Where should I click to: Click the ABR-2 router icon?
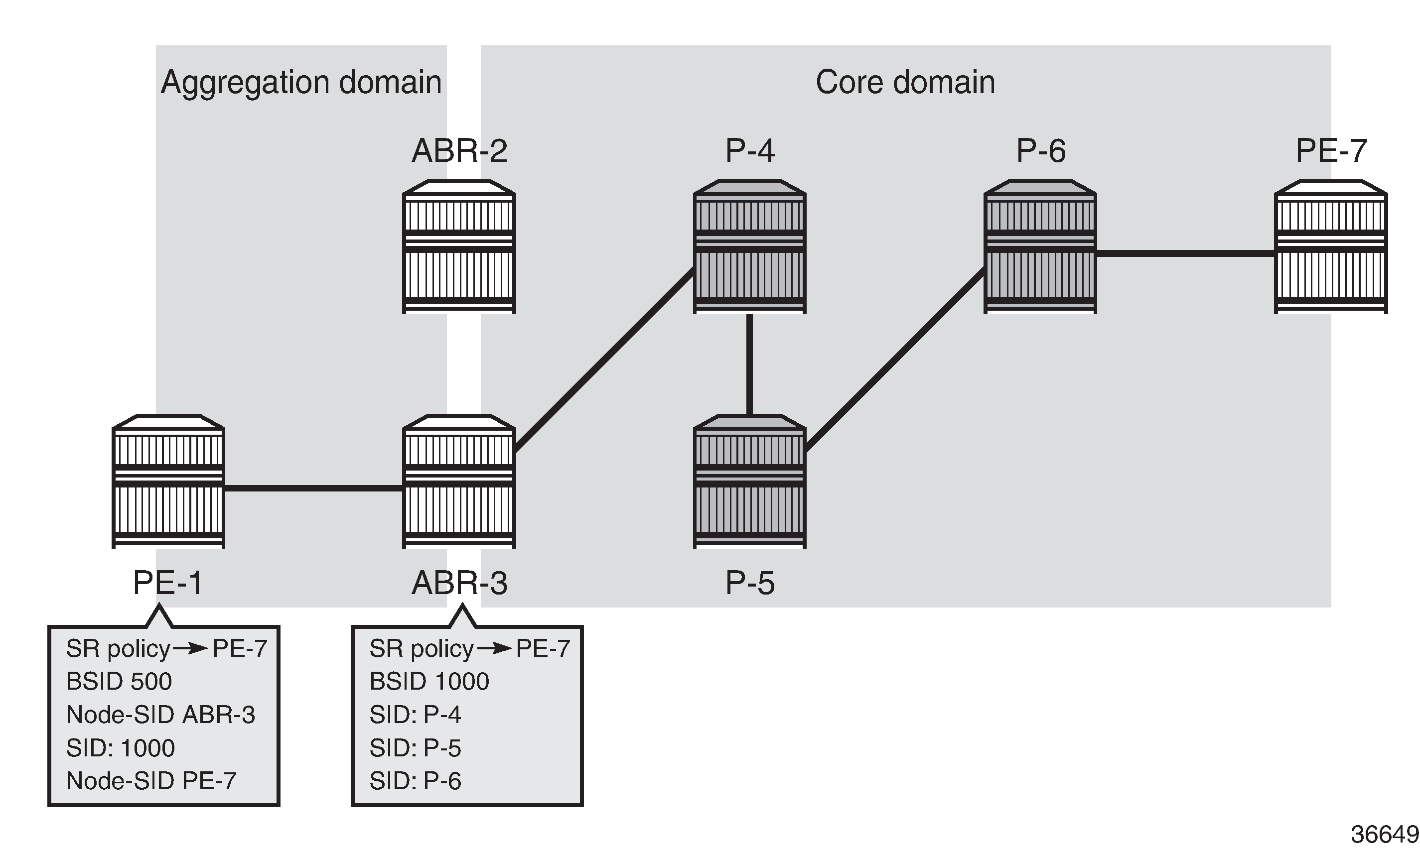[459, 247]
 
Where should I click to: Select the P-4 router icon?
[749, 247]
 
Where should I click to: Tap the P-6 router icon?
[1040, 247]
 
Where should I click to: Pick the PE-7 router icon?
[1331, 247]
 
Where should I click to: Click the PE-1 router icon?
[168, 481]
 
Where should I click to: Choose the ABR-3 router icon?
[459, 481]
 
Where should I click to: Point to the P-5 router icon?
[749, 481]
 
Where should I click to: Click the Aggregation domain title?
[301, 82]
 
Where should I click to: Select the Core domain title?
[905, 82]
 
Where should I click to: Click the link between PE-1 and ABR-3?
[313, 488]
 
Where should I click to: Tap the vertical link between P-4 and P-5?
[749, 364]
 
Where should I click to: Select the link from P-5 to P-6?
[895, 360]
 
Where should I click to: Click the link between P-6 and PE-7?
[1185, 253]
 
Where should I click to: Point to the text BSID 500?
[119, 681]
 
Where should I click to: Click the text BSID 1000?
[429, 681]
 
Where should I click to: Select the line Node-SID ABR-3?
[160, 714]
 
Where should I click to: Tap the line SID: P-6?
[415, 781]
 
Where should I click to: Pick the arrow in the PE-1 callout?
[191, 648]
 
